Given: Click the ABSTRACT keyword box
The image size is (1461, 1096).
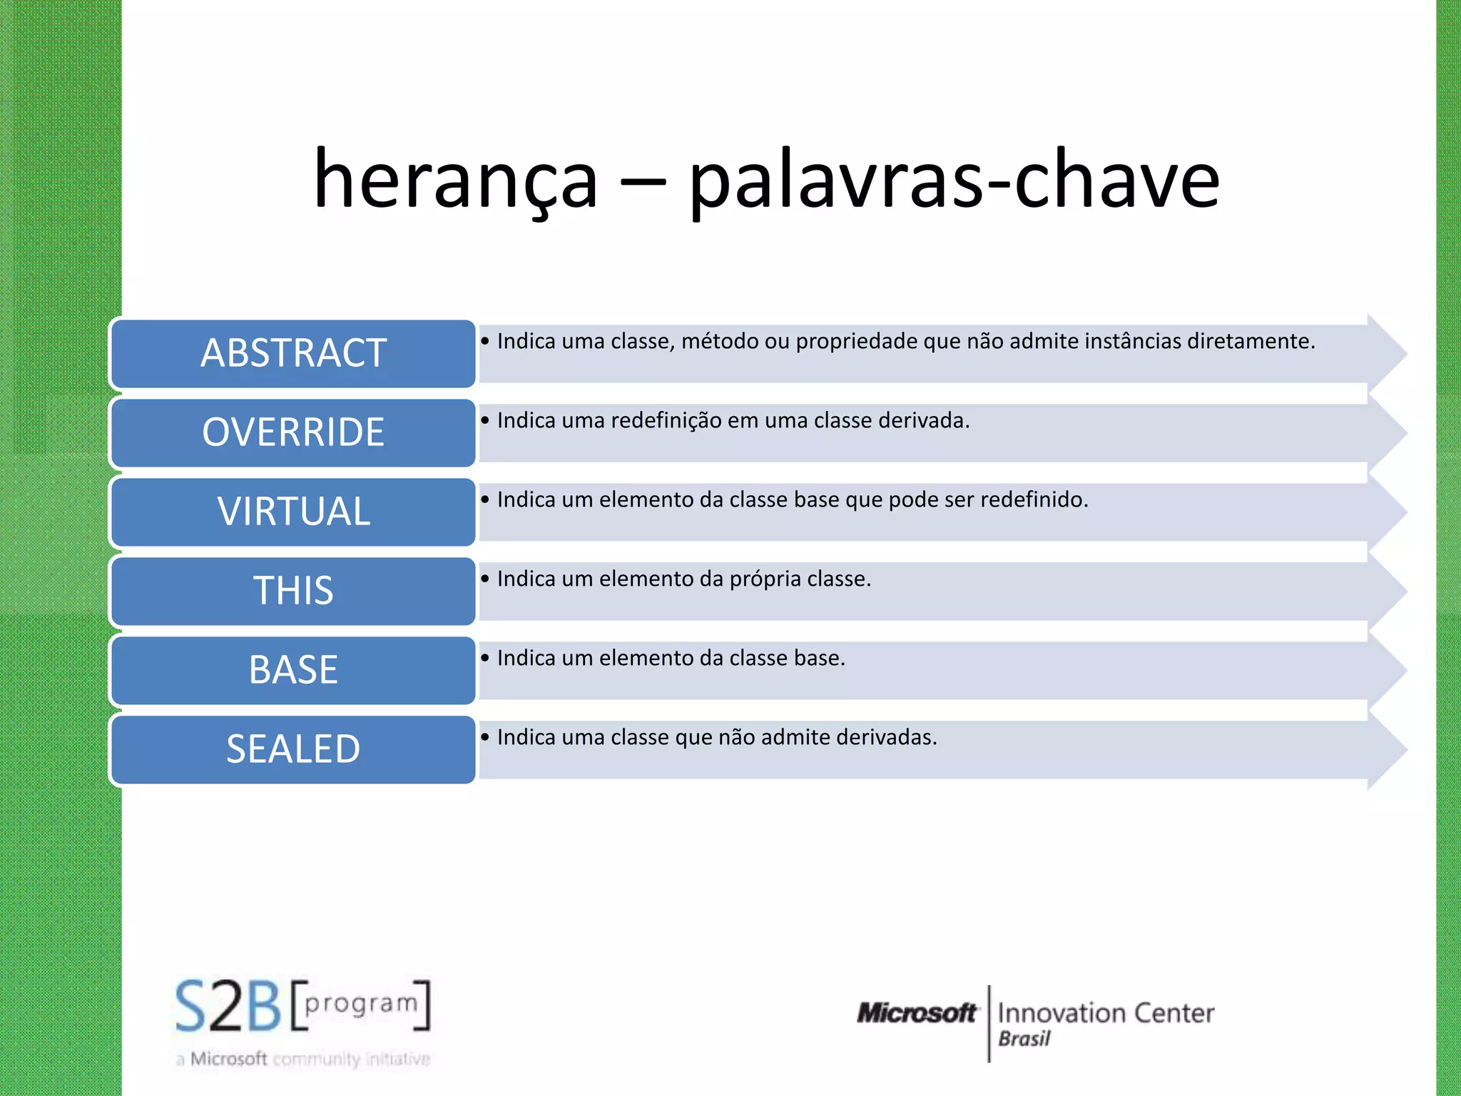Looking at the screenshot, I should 293,354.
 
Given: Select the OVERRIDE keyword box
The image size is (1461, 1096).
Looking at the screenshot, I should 293,433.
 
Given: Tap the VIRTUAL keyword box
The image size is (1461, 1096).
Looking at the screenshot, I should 293,512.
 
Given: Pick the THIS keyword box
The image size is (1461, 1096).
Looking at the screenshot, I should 293,592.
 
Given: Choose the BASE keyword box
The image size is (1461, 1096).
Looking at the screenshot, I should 293,671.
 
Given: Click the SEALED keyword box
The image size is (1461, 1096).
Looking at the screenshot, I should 293,750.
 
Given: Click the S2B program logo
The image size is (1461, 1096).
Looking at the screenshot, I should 302,1006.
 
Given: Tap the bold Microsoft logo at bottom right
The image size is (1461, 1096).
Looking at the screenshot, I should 917,1013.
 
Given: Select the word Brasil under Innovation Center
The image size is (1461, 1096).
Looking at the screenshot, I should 1024,1040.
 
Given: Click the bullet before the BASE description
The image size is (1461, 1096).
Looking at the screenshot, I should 485,658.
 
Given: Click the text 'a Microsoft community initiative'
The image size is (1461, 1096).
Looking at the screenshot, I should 302,1060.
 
